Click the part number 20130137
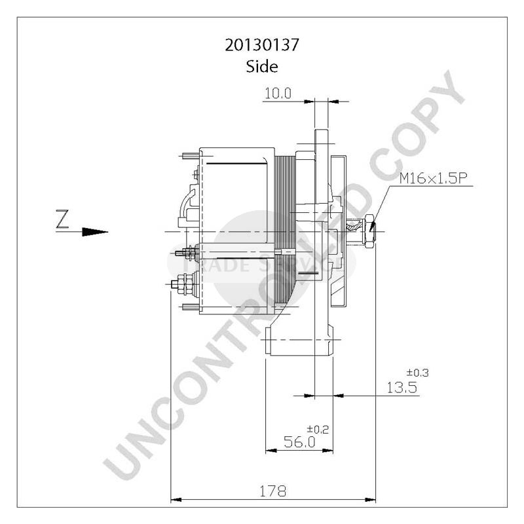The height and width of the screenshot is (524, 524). click(261, 45)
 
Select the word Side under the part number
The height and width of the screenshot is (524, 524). click(261, 66)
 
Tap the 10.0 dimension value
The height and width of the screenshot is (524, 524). click(277, 94)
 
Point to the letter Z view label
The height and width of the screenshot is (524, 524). click(62, 220)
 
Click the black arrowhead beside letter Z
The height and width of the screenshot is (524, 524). click(96, 231)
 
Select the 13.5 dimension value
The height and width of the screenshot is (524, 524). click(402, 388)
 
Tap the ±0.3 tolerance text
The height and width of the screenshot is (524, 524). click(418, 373)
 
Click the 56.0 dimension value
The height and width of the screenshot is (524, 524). click(299, 443)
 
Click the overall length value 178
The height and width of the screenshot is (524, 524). click(274, 491)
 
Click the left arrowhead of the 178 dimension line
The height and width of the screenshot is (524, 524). click(175, 500)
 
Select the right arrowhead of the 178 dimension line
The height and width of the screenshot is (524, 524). click(371, 500)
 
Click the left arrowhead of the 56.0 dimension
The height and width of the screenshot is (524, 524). click(269, 451)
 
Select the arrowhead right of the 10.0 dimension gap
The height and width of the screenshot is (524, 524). click(337, 102)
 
